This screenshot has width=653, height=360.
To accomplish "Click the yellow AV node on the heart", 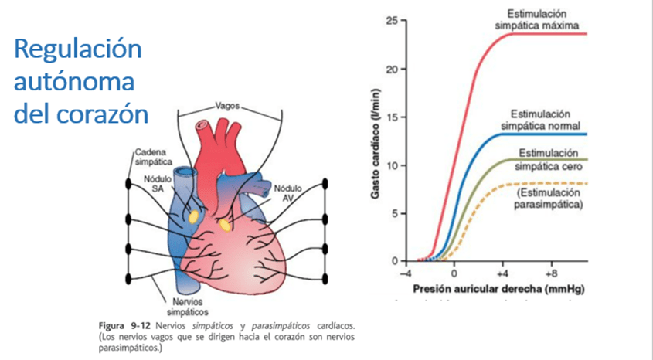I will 226,224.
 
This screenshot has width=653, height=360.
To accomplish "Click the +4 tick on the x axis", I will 503,273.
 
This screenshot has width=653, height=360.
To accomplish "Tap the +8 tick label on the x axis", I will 552,273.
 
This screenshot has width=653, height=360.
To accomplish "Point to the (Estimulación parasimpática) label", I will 549,198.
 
